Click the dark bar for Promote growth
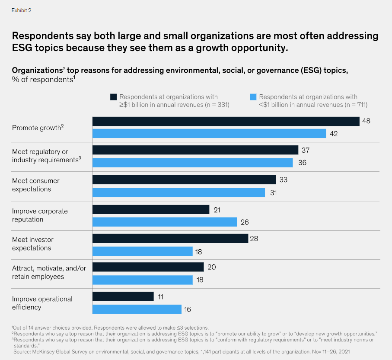pyautogui.click(x=226, y=121)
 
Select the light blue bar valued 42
pyautogui.click(x=209, y=133)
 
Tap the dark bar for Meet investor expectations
pyautogui.click(x=170, y=238)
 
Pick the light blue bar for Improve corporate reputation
pyautogui.click(x=165, y=222)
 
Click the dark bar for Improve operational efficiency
pyautogui.click(x=123, y=296)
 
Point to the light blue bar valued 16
pyautogui.click(x=137, y=309)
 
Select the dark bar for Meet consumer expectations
pyautogui.click(x=184, y=180)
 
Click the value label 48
pyautogui.click(x=366, y=121)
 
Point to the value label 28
pyautogui.click(x=255, y=238)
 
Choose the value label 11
pyautogui.click(x=160, y=296)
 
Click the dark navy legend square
pyautogui.click(x=114, y=96)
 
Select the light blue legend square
pyautogui.click(x=253, y=96)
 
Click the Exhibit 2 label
pyautogui.click(x=21, y=10)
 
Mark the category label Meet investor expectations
pyautogui.click(x=32, y=244)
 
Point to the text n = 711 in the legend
pyautogui.click(x=354, y=104)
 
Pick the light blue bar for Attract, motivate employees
pyautogui.click(x=143, y=280)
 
